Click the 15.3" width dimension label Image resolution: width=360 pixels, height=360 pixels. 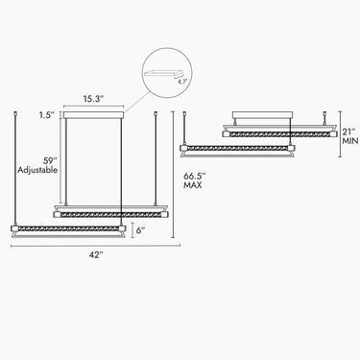[94, 99]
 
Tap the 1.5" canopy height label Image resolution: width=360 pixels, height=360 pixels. [47, 115]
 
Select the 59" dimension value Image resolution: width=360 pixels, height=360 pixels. [51, 160]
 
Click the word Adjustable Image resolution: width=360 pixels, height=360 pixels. [37, 170]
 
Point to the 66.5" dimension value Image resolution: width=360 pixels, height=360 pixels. [195, 176]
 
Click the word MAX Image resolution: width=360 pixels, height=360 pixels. [193, 185]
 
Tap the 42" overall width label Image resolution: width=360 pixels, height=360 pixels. [96, 255]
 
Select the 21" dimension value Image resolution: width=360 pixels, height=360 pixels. [348, 132]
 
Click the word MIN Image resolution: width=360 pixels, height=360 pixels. [350, 141]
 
